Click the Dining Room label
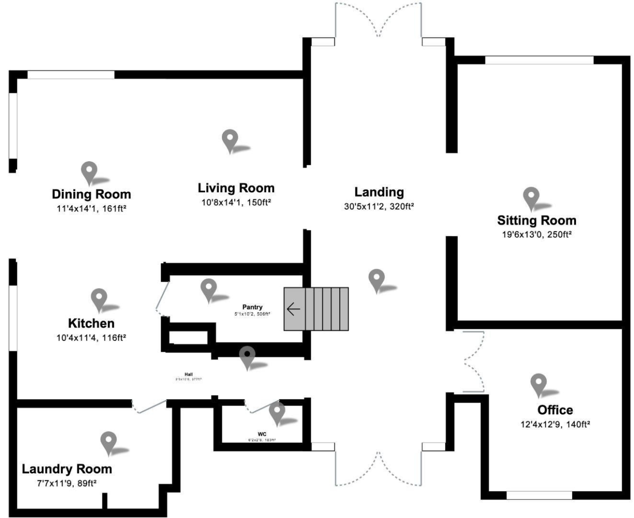pos(91,194)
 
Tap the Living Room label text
pos(236,188)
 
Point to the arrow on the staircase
pos(293,309)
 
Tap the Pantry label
pos(252,307)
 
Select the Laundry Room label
pos(67,469)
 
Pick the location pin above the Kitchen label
pos(99,298)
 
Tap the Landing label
pos(379,192)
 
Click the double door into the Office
pos(473,361)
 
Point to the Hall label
pos(188,374)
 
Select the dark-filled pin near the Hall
pos(247,356)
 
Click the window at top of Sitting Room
pos(538,60)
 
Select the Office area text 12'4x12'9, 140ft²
pos(555,424)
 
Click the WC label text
pos(262,434)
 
